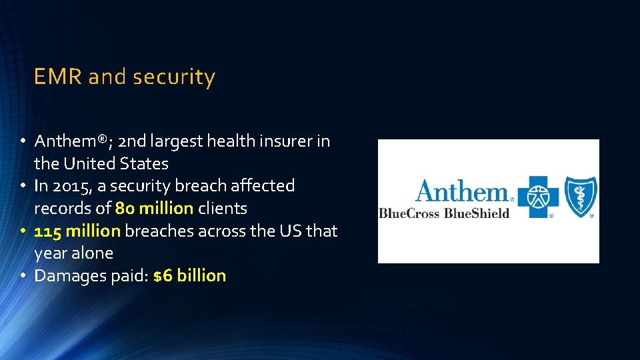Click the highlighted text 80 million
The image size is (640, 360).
click(154, 209)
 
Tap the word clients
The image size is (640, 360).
click(222, 209)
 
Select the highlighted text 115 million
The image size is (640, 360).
click(77, 231)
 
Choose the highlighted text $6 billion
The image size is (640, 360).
click(189, 276)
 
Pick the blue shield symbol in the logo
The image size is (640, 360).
click(581, 197)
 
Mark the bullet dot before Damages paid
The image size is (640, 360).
click(22, 276)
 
